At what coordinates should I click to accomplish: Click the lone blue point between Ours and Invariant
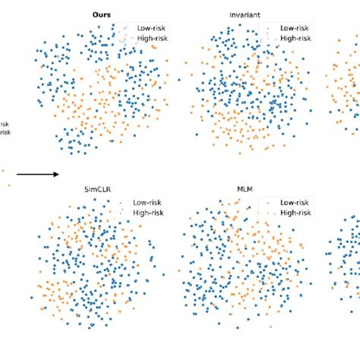[x=179, y=78]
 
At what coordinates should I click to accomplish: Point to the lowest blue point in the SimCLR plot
[x=91, y=327]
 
